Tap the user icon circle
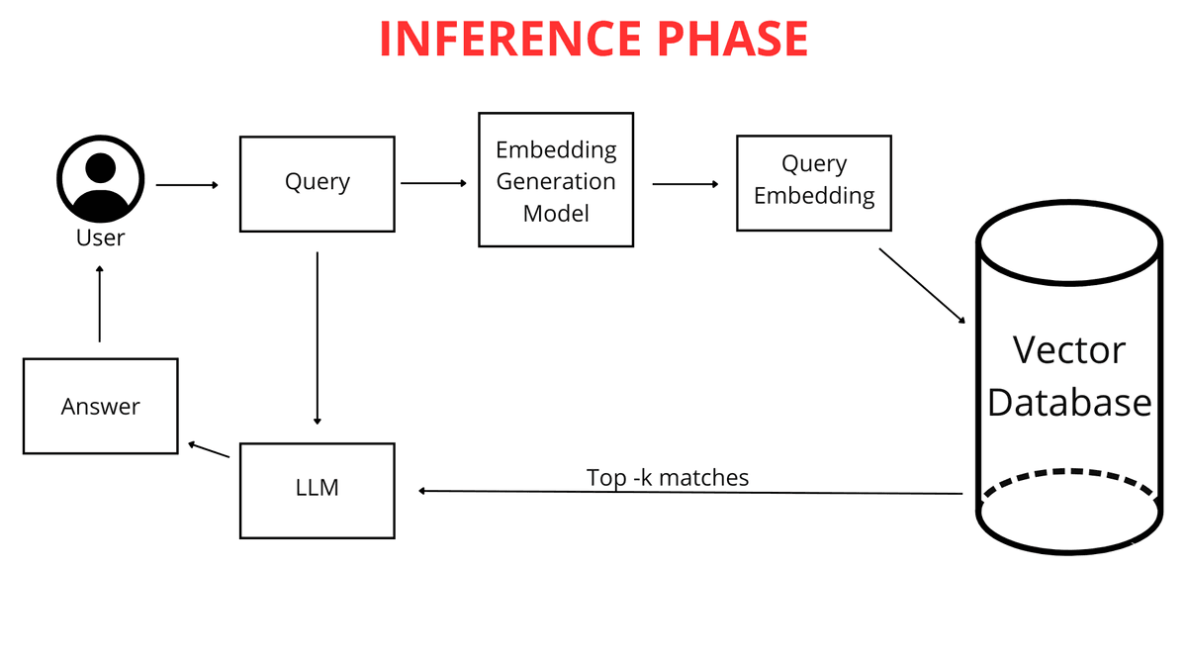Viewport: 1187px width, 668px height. click(100, 178)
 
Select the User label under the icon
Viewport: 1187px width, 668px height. click(100, 239)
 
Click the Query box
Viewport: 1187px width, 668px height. click(317, 184)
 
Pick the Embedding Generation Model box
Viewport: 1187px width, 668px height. click(555, 180)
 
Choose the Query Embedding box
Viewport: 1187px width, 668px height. click(813, 183)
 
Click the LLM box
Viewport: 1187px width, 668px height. click(317, 491)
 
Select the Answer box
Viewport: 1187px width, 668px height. click(100, 406)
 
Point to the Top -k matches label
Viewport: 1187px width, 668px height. click(668, 478)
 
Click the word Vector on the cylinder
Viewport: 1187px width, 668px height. click(1068, 350)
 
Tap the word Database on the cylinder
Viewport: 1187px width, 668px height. click(1068, 403)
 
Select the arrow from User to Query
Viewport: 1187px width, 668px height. click(187, 185)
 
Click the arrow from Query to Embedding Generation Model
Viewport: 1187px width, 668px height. click(432, 183)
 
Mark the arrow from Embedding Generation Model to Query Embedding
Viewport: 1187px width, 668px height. click(685, 184)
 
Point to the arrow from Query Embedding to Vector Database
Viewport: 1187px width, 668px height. click(921, 285)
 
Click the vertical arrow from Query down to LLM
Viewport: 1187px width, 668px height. click(317, 336)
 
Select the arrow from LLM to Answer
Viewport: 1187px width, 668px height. click(209, 450)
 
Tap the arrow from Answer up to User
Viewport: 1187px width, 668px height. click(100, 304)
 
